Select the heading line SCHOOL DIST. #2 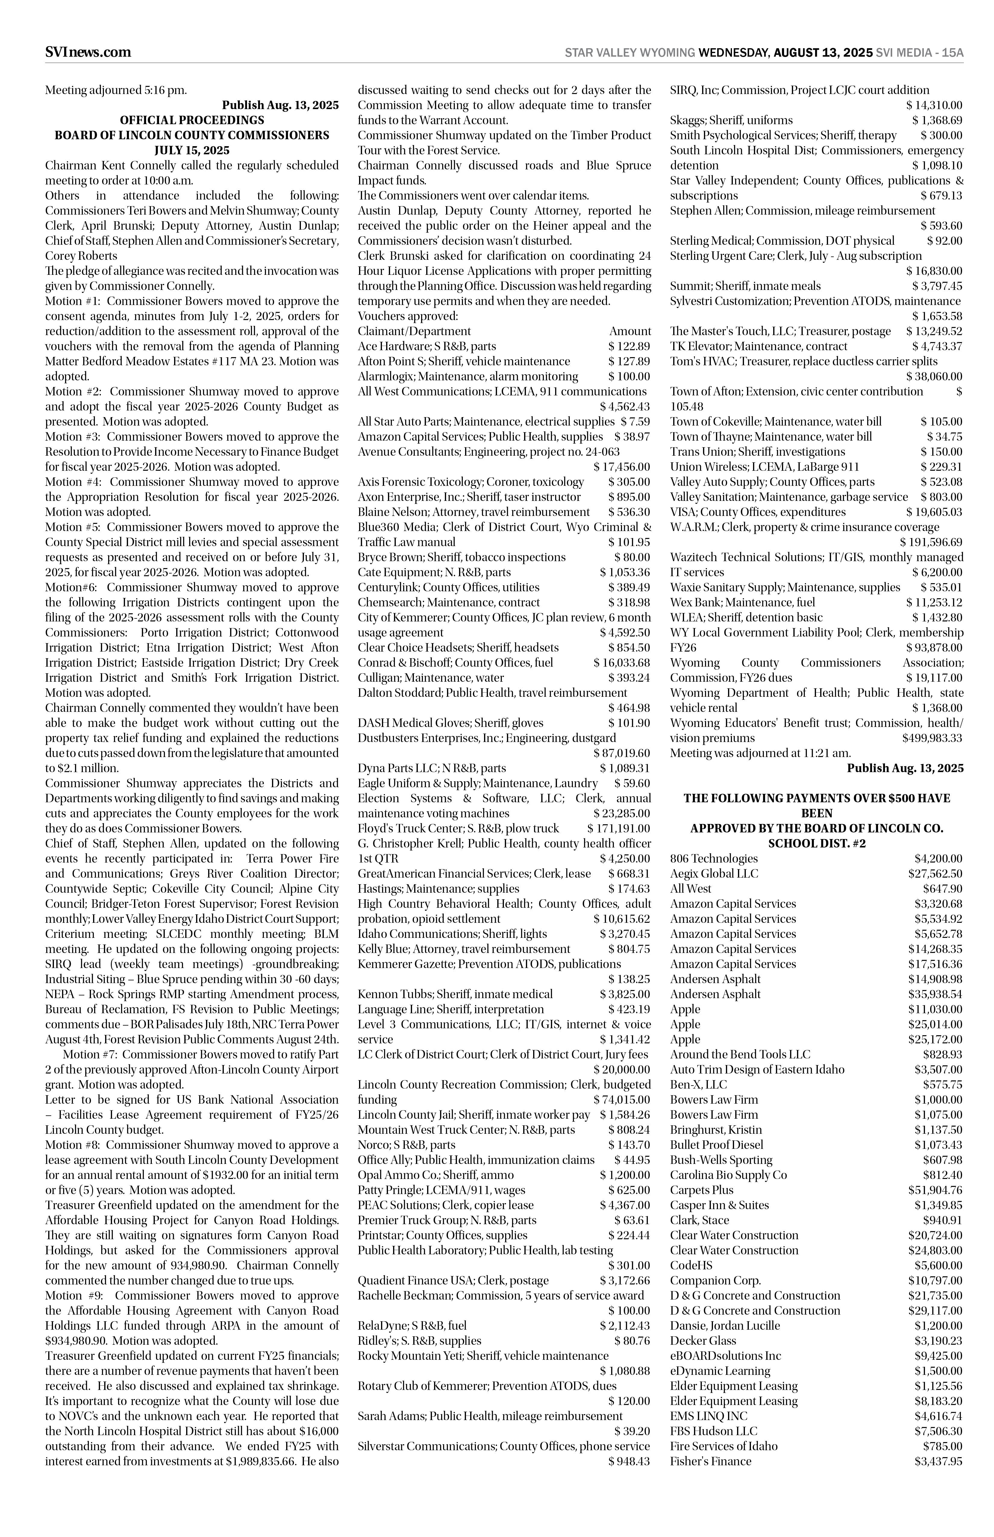click(x=817, y=844)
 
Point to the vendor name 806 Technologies click(x=714, y=858)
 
